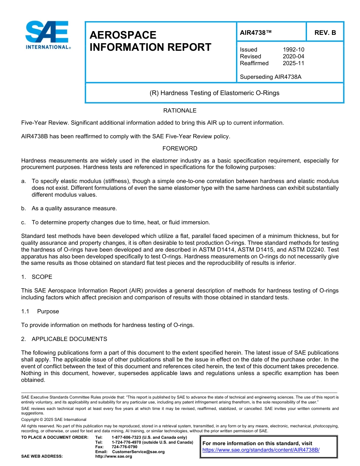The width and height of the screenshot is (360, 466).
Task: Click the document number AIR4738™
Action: click(256, 33)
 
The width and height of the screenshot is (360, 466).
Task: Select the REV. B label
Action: click(325, 33)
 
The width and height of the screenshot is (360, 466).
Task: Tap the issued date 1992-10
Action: click(293, 50)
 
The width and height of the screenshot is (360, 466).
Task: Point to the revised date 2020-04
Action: click(293, 56)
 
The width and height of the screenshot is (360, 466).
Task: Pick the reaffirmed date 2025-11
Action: click(293, 63)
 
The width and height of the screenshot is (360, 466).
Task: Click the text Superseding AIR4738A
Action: click(271, 77)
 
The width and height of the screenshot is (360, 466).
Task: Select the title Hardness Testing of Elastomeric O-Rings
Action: click(214, 93)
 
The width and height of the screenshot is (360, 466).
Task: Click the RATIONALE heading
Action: click(180, 111)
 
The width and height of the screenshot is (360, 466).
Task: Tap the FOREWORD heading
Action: click(180, 149)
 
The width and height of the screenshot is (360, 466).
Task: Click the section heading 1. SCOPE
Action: click(37, 277)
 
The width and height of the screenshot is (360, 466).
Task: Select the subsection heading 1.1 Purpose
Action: click(40, 311)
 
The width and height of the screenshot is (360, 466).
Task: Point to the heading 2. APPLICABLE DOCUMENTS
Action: click(64, 339)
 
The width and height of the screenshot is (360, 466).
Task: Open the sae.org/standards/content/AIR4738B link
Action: click(261, 450)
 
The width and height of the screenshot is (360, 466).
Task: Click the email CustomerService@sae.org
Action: click(138, 452)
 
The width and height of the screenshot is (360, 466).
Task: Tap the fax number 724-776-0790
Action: click(124, 447)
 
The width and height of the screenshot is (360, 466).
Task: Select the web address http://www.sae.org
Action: click(114, 457)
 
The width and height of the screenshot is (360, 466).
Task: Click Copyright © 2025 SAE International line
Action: click(54, 420)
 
